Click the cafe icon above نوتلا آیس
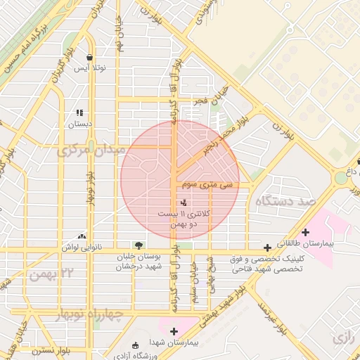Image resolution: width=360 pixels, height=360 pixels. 89,58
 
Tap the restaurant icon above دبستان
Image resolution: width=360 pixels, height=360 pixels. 79,112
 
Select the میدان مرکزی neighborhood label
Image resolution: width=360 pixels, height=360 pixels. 91,150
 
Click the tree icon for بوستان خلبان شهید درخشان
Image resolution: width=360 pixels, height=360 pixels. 139,245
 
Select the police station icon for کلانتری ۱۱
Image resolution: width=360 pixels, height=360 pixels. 174,202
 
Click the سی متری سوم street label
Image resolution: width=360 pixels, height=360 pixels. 205,186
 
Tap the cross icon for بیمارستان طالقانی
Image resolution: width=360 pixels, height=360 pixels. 305,232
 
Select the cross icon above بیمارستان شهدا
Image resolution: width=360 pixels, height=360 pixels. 174,330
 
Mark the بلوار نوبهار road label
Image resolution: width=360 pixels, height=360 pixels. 90,186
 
